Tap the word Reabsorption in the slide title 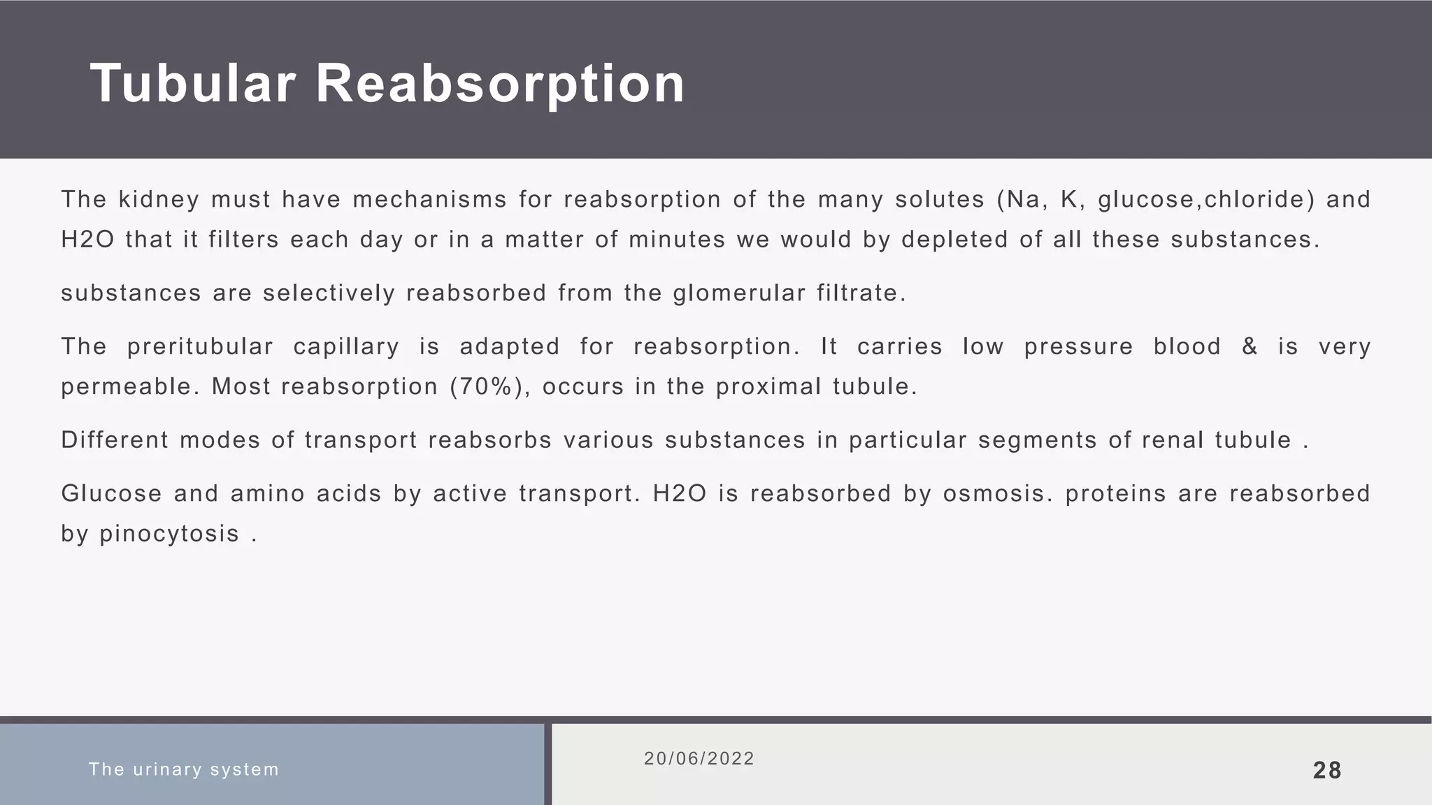[x=500, y=84]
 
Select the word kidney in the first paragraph [x=159, y=200]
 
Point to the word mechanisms [x=429, y=200]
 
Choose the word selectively [x=329, y=293]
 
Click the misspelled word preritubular [x=200, y=347]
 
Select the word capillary [x=346, y=347]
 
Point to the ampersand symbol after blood [x=1250, y=347]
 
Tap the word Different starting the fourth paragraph [x=115, y=440]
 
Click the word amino [x=267, y=494]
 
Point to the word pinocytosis [x=170, y=534]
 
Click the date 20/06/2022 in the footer [x=699, y=759]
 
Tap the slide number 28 [x=1327, y=770]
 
